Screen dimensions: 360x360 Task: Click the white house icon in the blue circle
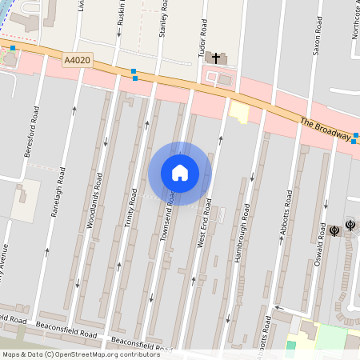click(180, 173)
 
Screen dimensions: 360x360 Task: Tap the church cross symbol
click(216, 58)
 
